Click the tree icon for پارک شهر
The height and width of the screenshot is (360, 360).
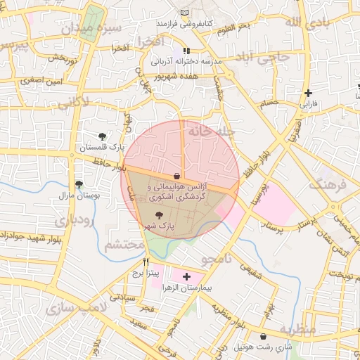157,215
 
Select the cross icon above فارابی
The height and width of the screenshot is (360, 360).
308,94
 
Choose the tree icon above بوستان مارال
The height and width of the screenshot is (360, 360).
78,184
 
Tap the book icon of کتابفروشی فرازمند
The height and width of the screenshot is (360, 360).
185,14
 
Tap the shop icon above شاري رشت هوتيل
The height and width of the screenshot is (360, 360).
264,337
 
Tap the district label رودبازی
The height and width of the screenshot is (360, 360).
68,219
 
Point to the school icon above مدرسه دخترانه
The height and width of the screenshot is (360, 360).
186,51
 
